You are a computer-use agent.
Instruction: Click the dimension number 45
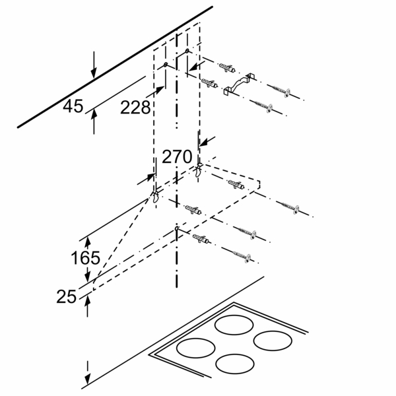73,106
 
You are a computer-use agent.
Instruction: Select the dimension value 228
135,108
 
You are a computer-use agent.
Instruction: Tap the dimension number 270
177,156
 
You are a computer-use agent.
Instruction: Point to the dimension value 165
85,258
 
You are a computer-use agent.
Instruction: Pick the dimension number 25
66,296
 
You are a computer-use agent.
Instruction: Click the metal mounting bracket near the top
240,84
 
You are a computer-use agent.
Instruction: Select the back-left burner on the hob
234,325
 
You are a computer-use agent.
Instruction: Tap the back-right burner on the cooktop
273,341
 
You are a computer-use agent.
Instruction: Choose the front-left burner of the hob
196,348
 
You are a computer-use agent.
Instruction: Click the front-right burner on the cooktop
235,364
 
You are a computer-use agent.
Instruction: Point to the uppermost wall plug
227,67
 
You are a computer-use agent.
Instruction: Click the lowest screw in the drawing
242,256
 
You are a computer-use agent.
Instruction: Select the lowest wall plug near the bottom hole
201,239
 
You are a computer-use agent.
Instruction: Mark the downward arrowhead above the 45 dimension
94,73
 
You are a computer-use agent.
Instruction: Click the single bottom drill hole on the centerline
176,229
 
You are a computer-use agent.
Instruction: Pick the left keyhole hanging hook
155,197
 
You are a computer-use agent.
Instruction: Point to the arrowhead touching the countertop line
87,379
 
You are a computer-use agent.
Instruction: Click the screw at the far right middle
290,208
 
